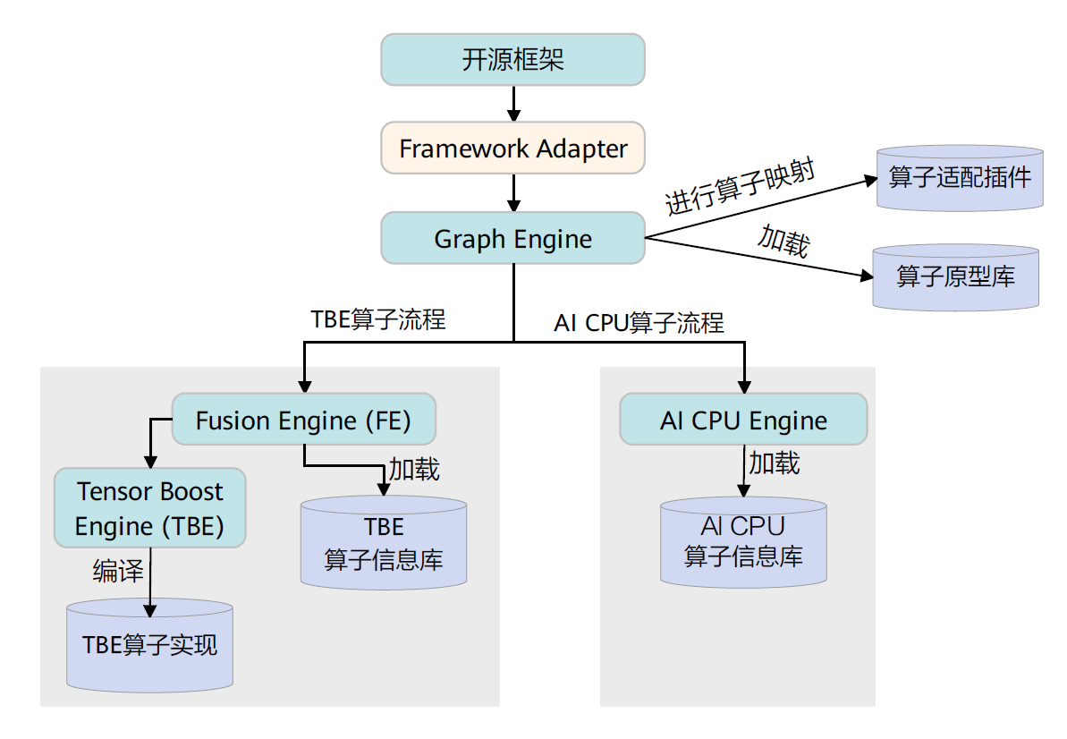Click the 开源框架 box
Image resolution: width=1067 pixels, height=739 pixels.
click(512, 60)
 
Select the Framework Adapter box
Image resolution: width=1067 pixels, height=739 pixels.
click(512, 149)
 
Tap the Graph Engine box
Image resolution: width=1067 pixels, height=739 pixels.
click(512, 238)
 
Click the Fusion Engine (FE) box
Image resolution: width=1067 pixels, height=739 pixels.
click(303, 420)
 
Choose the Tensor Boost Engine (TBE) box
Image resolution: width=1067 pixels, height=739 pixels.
click(149, 507)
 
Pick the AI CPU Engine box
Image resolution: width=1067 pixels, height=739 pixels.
click(743, 420)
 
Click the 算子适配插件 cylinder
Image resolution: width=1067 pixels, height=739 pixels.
click(960, 178)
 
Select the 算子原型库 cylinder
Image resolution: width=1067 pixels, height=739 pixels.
click(955, 277)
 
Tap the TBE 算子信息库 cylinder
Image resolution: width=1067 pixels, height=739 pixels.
click(384, 542)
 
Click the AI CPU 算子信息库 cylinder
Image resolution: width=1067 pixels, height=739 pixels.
click(743, 541)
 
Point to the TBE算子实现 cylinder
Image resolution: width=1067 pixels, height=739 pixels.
click(149, 645)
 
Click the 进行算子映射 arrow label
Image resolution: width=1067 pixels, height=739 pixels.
click(740, 187)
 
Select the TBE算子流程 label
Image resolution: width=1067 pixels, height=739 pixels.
click(377, 319)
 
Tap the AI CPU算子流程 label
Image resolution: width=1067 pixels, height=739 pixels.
click(639, 323)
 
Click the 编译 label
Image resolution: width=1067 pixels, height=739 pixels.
click(118, 571)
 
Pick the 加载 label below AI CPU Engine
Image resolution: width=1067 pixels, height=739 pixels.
click(774, 463)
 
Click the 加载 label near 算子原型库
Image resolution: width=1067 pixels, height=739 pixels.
click(783, 241)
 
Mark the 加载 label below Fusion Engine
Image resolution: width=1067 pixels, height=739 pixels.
click(414, 469)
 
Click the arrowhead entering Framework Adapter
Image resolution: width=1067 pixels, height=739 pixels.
click(513, 115)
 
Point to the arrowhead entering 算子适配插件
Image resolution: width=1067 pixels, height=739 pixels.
click(870, 181)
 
